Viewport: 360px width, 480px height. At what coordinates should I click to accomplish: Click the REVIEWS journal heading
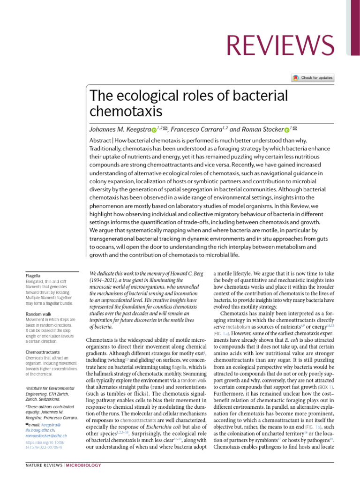coord(280,45)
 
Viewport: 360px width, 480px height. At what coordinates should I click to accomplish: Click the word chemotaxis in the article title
coord(126,112)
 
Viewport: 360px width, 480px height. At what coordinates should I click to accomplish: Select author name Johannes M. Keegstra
coord(119,129)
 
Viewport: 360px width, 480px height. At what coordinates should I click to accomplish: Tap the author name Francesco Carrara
coord(196,129)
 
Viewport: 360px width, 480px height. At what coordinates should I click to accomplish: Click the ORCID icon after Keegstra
coord(153,129)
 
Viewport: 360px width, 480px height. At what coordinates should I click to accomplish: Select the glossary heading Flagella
coord(33,276)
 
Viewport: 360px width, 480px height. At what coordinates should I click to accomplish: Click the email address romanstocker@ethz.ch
coord(46,435)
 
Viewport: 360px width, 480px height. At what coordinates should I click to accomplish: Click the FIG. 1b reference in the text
coord(313,427)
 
